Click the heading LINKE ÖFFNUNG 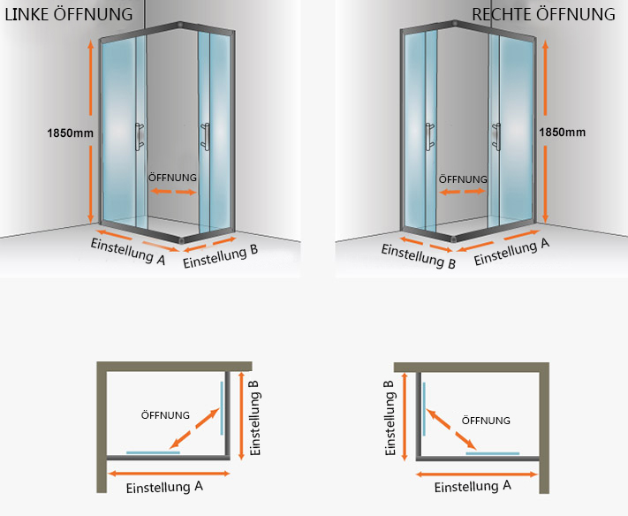(x=69, y=14)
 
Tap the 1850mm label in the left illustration (x=72, y=133)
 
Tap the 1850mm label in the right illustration (x=562, y=133)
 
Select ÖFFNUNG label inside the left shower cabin (x=172, y=177)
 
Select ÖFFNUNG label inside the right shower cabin (x=463, y=178)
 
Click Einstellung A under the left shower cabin (x=127, y=248)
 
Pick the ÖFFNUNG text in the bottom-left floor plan (x=166, y=414)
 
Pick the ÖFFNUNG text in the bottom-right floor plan (x=486, y=421)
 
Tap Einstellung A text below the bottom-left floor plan (x=165, y=487)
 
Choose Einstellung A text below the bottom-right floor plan (x=473, y=486)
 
